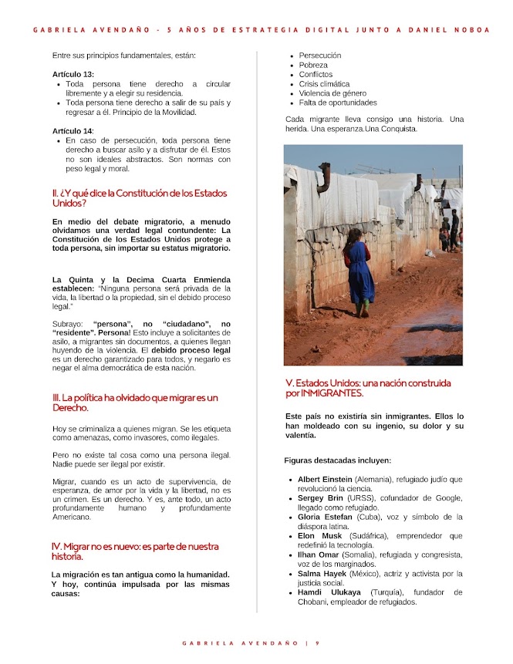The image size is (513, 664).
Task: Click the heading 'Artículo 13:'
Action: tap(73, 74)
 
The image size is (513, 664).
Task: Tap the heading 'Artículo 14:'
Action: tap(73, 131)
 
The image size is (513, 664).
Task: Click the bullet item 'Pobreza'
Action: tap(313, 66)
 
